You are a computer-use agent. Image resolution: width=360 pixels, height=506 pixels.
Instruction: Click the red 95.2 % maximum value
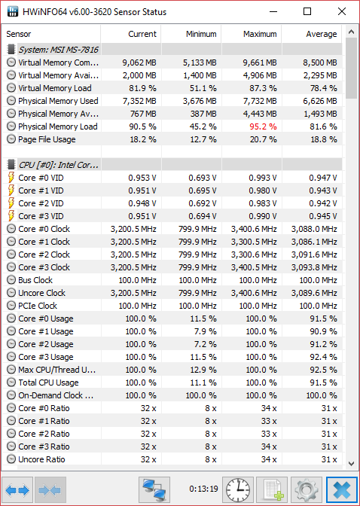263,126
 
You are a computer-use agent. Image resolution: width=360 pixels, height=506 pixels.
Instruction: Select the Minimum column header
201,34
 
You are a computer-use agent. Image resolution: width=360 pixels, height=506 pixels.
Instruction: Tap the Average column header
322,34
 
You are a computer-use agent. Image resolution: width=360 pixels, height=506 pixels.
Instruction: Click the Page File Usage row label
47,139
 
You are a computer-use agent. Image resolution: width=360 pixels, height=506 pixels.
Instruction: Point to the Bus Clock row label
35,280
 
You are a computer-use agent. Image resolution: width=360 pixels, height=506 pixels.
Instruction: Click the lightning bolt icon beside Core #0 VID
11,178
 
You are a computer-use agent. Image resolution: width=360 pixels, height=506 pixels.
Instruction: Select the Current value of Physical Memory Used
139,101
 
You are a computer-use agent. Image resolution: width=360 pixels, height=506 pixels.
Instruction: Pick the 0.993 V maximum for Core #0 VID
263,178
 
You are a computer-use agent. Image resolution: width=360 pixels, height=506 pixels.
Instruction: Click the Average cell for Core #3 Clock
314,267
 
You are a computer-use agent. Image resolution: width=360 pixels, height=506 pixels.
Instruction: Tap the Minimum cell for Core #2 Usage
205,344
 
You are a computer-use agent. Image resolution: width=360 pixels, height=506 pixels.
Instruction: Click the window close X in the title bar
342,11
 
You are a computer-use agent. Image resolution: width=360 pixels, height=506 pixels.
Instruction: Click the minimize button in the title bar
273,12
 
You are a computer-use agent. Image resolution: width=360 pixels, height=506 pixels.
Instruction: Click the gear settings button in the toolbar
306,489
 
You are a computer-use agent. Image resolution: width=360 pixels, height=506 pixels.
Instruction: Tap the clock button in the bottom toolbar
238,489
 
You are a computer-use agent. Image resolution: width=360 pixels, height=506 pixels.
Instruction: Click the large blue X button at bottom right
342,489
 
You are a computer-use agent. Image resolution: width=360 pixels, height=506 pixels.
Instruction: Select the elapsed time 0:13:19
203,489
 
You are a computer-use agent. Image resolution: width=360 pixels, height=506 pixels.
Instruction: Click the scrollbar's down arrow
351,464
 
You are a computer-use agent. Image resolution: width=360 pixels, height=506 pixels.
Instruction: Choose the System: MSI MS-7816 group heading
58,50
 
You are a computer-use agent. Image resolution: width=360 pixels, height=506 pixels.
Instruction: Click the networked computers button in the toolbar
154,489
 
